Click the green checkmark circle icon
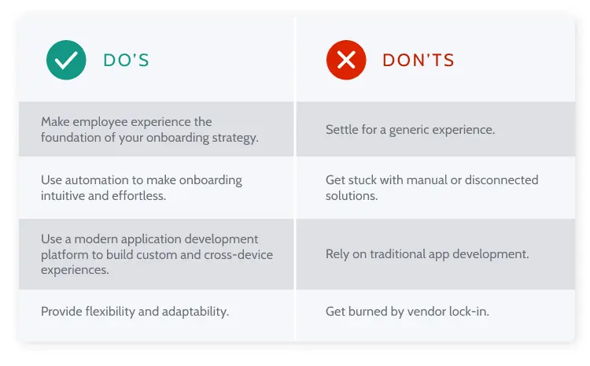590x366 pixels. click(66, 60)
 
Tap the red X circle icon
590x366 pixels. click(346, 60)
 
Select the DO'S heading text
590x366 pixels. click(126, 61)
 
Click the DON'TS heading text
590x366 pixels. click(419, 61)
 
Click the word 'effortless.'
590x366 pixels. click(138, 195)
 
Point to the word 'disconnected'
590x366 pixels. click(501, 179)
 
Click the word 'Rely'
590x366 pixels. click(338, 254)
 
